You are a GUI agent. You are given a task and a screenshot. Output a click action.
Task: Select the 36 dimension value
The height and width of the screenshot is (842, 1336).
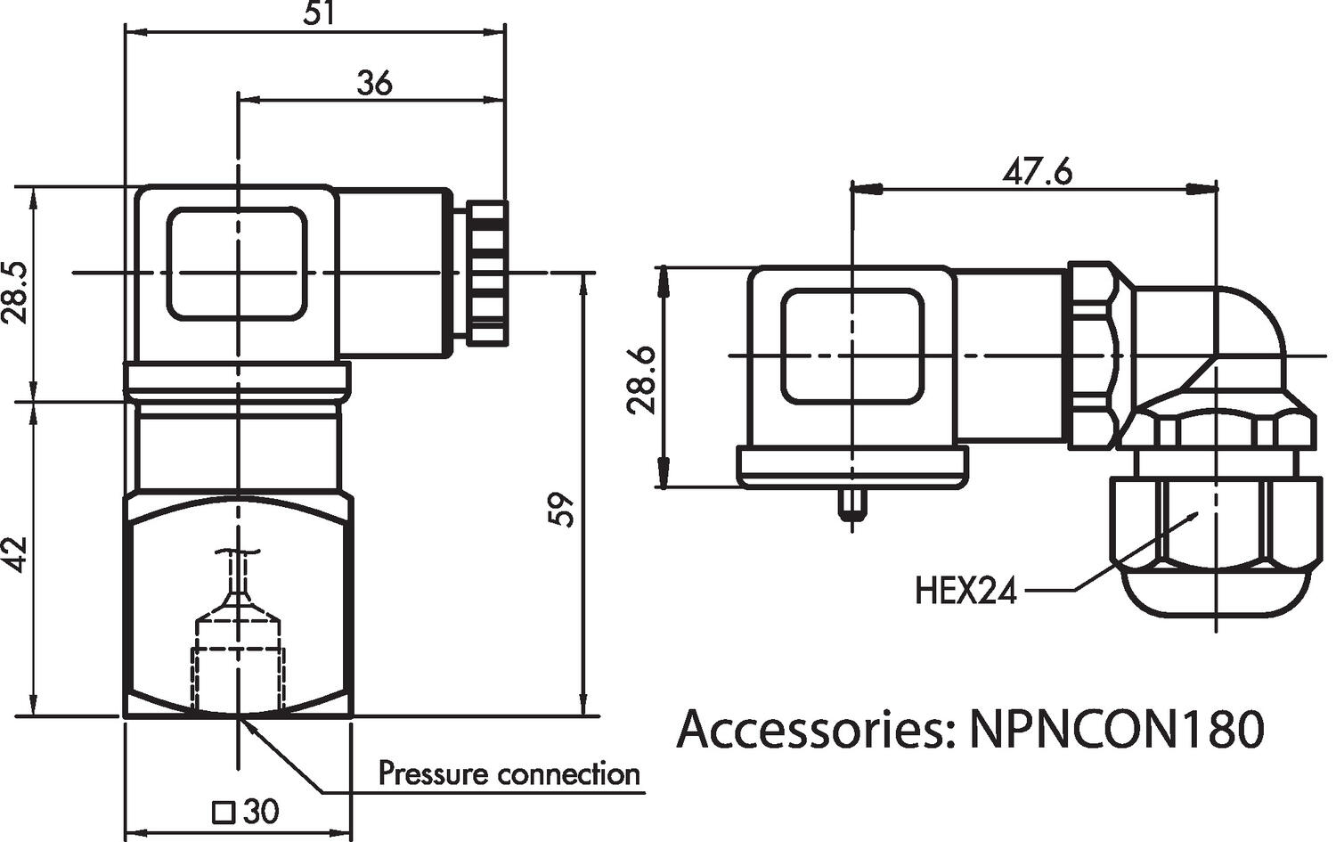click(x=374, y=83)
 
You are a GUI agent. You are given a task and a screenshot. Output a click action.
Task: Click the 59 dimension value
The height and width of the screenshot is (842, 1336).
click(x=563, y=509)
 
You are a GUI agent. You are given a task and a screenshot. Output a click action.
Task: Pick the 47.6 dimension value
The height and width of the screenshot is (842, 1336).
click(x=1038, y=171)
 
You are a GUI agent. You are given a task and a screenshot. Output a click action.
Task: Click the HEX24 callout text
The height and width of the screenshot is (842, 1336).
click(x=965, y=591)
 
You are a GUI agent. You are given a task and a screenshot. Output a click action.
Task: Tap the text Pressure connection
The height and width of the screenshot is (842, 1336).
click(x=509, y=773)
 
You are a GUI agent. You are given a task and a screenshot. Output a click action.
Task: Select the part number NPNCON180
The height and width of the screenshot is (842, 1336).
click(x=1115, y=729)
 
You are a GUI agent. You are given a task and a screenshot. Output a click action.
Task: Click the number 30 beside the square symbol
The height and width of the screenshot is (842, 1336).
click(x=261, y=812)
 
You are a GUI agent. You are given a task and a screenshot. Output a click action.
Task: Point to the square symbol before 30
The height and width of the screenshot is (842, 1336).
click(x=224, y=813)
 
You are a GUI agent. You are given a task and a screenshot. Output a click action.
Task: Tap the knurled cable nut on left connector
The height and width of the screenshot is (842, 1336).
click(x=488, y=273)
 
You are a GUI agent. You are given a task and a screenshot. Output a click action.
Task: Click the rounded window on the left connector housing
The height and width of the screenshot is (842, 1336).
click(x=237, y=264)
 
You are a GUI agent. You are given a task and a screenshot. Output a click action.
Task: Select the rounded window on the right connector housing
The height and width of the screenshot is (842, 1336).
click(x=852, y=346)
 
